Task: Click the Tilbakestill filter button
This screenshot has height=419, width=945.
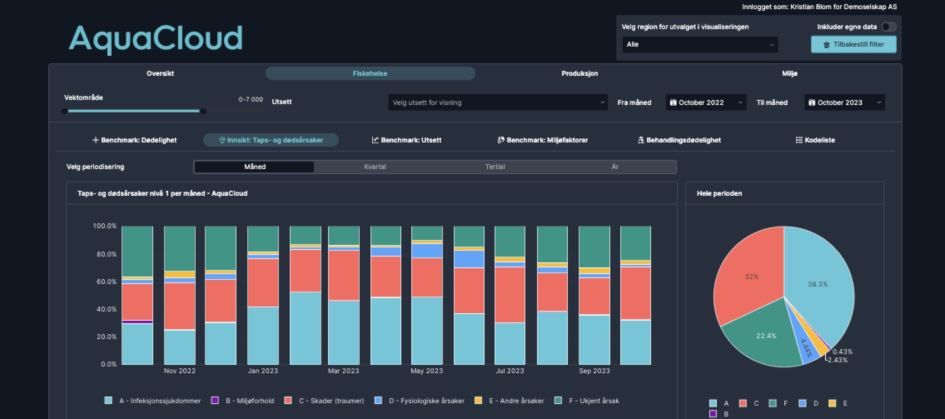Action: (x=853, y=45)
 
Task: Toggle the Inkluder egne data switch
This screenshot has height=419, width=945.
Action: (x=889, y=27)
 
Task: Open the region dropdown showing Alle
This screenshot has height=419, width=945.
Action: (x=700, y=45)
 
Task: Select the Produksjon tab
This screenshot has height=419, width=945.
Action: (x=579, y=73)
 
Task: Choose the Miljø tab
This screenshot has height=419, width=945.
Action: (x=789, y=73)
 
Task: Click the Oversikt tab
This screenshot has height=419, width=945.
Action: (x=160, y=73)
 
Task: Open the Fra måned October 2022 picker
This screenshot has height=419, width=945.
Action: (x=706, y=102)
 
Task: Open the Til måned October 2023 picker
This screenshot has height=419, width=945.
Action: (x=844, y=102)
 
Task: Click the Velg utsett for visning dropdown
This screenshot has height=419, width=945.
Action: (x=497, y=102)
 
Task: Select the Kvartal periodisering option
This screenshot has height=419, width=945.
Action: (x=375, y=167)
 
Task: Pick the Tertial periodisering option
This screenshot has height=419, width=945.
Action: (x=495, y=167)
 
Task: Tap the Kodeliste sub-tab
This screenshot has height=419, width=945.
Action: (x=815, y=140)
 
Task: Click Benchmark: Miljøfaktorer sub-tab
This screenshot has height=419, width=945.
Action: (x=542, y=140)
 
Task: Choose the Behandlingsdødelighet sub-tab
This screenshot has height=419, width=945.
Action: (x=679, y=140)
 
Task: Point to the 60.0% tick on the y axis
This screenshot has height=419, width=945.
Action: (x=107, y=282)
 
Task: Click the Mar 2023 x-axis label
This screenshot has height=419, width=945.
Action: (x=343, y=371)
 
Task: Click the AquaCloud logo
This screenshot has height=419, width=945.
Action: (x=156, y=38)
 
